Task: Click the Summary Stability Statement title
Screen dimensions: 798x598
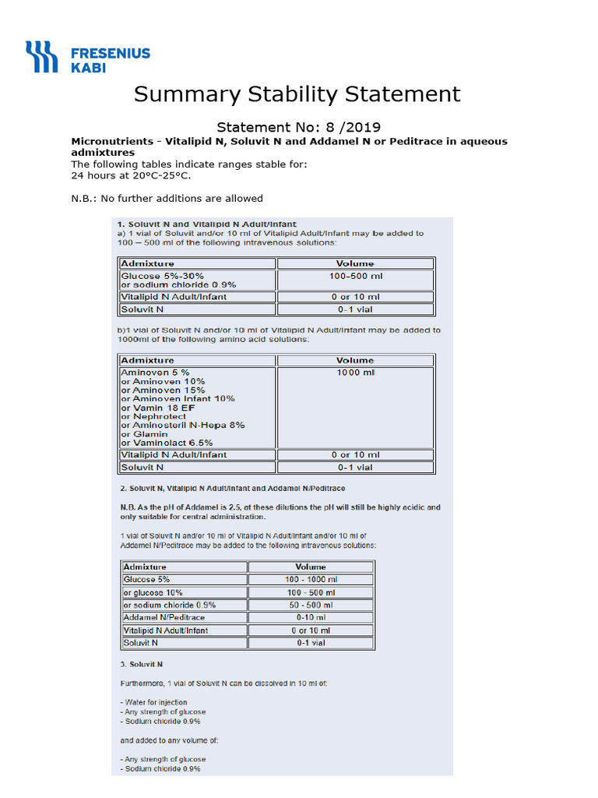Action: click(297, 94)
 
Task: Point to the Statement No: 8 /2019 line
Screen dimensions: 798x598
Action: click(298, 127)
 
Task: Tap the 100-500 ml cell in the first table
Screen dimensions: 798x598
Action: click(355, 276)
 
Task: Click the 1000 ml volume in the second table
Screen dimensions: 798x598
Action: click(355, 373)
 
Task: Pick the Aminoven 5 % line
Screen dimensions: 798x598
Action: click(155, 373)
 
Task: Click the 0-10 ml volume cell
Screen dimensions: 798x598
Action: click(310, 617)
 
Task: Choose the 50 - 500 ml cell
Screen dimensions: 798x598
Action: click(310, 605)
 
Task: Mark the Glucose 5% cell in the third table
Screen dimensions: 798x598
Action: click(146, 580)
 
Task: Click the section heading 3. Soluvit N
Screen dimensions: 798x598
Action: click(141, 664)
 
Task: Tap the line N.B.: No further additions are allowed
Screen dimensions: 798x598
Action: click(167, 198)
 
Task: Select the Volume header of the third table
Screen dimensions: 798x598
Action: click(310, 567)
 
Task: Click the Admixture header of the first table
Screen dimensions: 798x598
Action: click(148, 263)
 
